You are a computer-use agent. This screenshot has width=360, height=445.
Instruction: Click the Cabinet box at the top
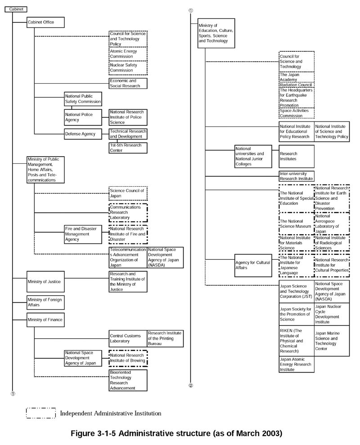16,9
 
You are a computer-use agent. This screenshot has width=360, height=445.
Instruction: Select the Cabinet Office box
45,22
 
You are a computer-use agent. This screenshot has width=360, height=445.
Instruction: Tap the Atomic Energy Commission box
128,54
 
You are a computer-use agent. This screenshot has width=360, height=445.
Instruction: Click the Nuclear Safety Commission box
128,68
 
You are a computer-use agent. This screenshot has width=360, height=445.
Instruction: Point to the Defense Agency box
83,134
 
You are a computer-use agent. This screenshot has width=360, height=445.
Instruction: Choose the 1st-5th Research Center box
128,148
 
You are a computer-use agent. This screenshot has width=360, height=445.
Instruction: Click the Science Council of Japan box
128,193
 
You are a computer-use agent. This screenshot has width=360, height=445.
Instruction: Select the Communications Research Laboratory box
128,212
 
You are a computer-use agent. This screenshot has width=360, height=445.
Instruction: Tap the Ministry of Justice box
45,282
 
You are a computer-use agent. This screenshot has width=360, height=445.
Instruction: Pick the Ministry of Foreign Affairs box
45,302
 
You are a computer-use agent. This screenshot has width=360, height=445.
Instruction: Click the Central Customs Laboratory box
128,338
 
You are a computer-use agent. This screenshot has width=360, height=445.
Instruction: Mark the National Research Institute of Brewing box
128,358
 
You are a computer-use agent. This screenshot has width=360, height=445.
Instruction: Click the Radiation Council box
297,85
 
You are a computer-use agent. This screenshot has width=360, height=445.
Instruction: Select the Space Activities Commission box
297,113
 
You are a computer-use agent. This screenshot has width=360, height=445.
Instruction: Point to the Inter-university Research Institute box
297,176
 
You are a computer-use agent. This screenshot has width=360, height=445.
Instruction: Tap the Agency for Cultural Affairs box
253,265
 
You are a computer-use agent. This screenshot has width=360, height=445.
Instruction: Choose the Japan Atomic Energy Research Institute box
297,364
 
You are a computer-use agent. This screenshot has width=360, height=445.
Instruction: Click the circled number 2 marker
191,386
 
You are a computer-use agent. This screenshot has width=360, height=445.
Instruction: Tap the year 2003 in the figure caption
270,433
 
